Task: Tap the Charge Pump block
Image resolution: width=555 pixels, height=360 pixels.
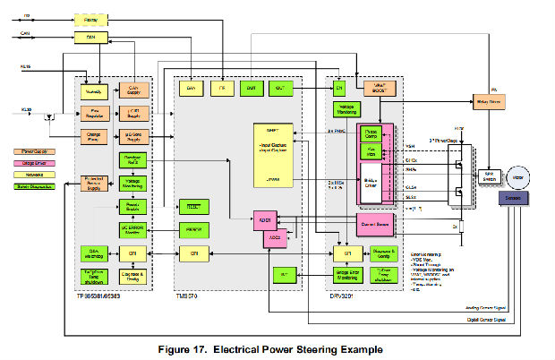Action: (x=95, y=137)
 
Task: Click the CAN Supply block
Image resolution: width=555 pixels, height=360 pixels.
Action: (x=133, y=89)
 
